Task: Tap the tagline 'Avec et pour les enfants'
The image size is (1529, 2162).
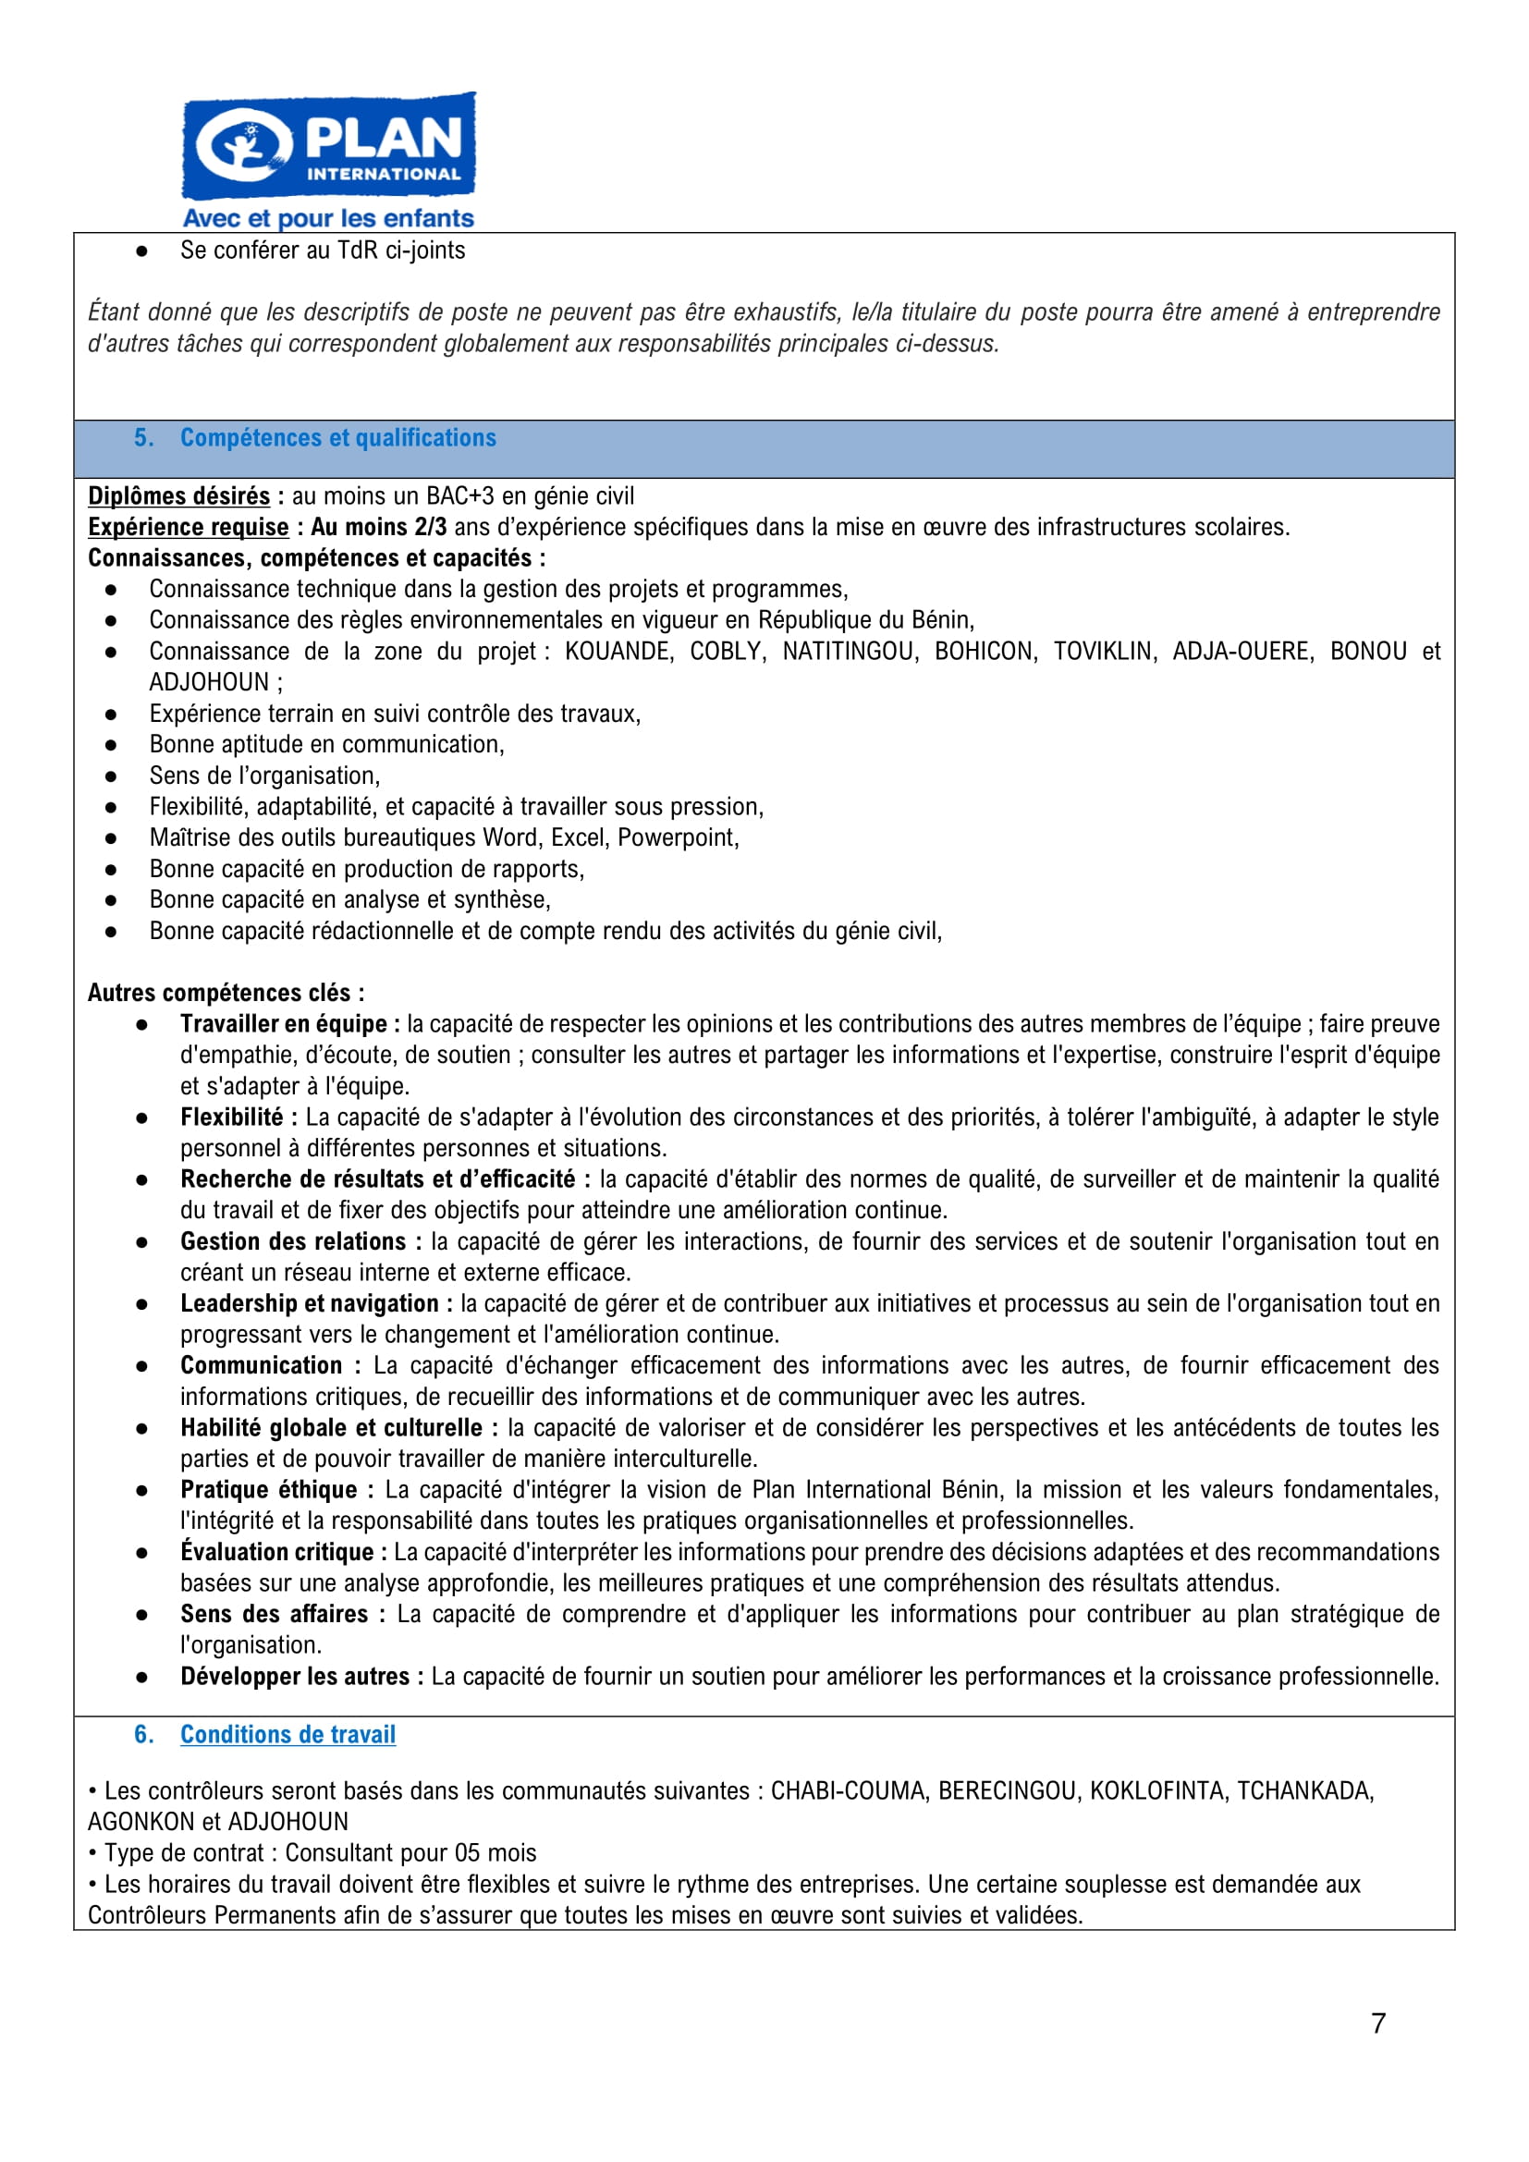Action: [x=327, y=218]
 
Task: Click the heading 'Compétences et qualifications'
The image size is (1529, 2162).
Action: [x=338, y=438]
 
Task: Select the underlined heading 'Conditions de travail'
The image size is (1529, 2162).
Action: [x=287, y=1734]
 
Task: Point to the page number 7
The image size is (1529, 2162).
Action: [x=1378, y=2023]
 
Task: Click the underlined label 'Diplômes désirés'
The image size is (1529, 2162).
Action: [x=179, y=496]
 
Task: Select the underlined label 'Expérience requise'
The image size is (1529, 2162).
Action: [x=189, y=527]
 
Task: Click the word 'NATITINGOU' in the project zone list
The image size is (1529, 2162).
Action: [x=850, y=652]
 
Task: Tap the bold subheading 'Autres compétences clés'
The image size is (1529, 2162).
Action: [x=226, y=994]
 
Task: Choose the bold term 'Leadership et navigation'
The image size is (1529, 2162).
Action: [x=309, y=1304]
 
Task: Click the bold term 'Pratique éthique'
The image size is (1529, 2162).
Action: [x=269, y=1491]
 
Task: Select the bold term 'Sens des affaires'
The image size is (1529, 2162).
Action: [x=274, y=1615]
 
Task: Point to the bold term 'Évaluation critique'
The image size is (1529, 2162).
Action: [x=276, y=1553]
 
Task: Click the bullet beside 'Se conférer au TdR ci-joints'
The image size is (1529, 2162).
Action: [x=141, y=251]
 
